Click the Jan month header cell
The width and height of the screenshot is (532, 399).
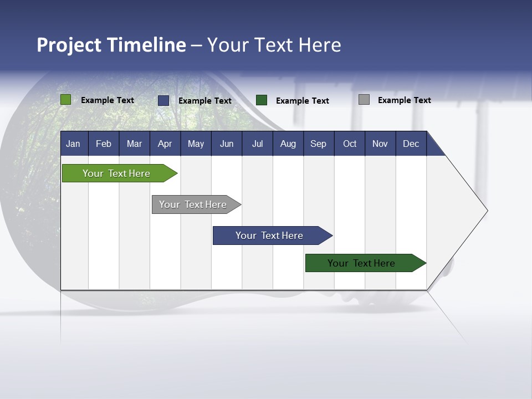click(73, 144)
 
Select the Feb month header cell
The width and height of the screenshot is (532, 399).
click(104, 144)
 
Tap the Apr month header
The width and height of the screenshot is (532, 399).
click(165, 144)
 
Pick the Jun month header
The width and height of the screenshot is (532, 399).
click(227, 144)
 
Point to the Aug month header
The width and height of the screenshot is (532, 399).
click(288, 144)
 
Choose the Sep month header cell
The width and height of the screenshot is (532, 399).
click(319, 144)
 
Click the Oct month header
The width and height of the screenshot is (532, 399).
click(350, 144)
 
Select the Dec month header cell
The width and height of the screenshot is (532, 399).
click(411, 144)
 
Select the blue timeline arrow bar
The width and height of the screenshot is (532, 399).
click(270, 236)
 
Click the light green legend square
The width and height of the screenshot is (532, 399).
click(65, 100)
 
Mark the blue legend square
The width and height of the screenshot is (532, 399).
click(163, 100)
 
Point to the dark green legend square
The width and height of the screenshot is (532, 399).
click(262, 100)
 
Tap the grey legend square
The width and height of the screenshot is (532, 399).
click(364, 100)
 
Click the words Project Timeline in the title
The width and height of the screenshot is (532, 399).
click(111, 45)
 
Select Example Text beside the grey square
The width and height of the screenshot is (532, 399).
click(405, 100)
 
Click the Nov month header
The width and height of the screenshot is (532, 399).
click(380, 144)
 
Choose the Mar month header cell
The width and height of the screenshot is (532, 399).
click(135, 144)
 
